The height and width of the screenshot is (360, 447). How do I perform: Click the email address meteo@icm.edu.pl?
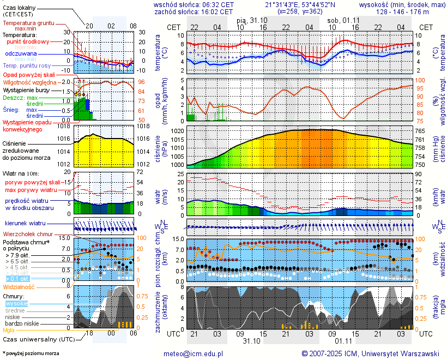pos(194,353)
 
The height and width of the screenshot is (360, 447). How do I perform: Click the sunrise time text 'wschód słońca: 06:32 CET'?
pos(194,4)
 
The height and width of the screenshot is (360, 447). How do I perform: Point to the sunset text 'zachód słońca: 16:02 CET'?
pos(194,11)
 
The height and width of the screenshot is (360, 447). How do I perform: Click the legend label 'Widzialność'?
pos(19,286)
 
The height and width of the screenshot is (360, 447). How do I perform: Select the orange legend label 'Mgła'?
pos(9,330)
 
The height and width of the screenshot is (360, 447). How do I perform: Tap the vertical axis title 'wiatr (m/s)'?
pos(161,194)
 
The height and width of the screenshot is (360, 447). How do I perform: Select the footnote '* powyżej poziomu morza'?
pos(31,353)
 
